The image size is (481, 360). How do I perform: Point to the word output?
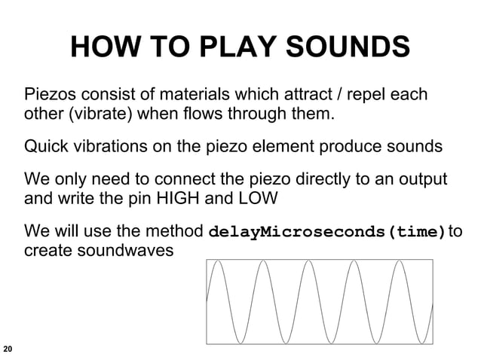click(421, 181)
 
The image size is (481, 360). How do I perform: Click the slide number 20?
click(8, 349)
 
